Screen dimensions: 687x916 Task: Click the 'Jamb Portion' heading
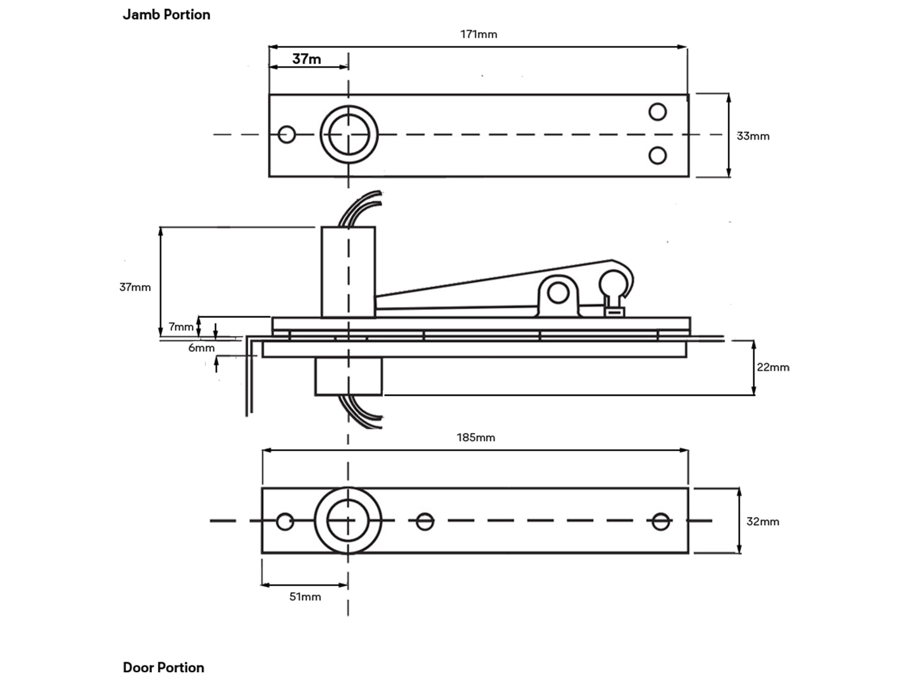coord(166,15)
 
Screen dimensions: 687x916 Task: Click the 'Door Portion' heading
coord(164,667)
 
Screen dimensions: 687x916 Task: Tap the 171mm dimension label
coord(479,34)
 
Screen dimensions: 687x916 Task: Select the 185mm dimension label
coord(476,437)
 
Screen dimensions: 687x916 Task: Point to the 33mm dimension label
coord(752,136)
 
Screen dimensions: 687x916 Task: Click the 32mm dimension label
coord(763,522)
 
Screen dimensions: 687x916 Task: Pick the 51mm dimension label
coord(305,597)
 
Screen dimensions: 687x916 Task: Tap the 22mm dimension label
coord(773,367)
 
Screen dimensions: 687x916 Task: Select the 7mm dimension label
coord(181,327)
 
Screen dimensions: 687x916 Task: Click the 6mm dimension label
coord(201,348)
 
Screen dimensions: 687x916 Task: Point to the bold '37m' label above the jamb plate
coord(306,59)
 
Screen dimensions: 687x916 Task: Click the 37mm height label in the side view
coord(135,287)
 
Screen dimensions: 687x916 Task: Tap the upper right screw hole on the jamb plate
coord(658,112)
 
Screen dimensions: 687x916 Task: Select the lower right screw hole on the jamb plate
coord(658,156)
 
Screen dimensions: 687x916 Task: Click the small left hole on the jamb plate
coord(287,134)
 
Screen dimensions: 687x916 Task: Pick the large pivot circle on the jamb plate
coord(349,134)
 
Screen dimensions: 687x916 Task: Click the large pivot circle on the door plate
coord(348,521)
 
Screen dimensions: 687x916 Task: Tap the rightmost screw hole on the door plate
coord(660,521)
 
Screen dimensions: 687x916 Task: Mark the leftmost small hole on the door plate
coord(285,521)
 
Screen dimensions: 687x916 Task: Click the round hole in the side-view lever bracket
coord(558,293)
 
